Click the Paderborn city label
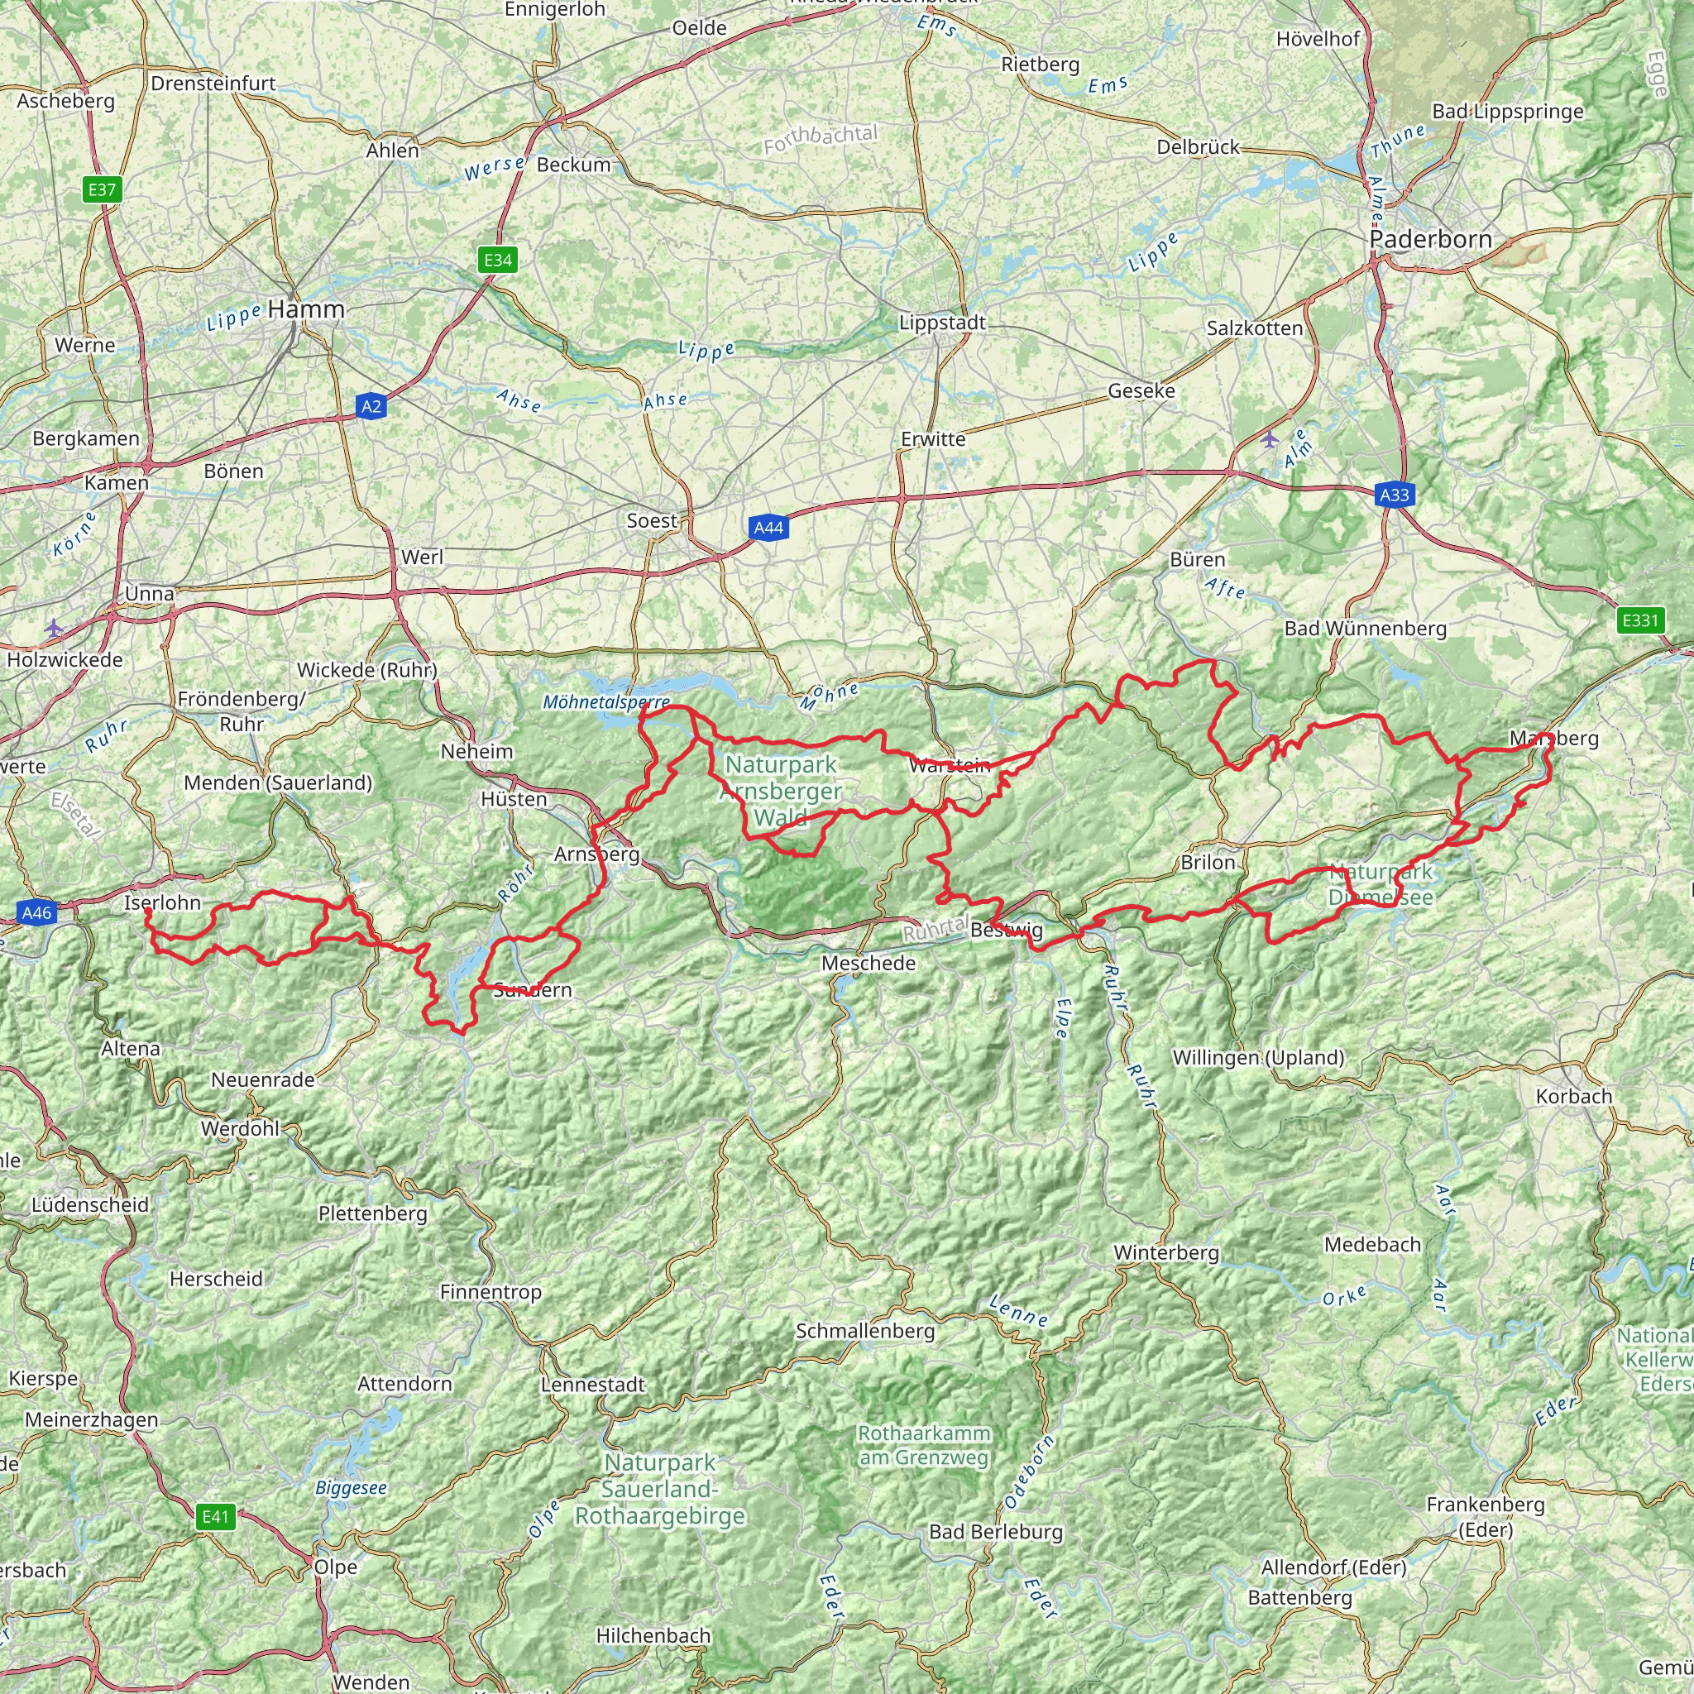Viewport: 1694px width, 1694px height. (x=1430, y=239)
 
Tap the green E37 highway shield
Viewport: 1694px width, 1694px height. (x=102, y=189)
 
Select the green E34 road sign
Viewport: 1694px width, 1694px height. (x=497, y=260)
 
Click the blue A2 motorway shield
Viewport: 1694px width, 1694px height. (x=371, y=406)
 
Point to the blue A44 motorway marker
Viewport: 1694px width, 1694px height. (x=768, y=527)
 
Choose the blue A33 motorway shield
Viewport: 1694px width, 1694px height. (x=1394, y=495)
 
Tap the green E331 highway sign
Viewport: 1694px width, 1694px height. (x=1639, y=621)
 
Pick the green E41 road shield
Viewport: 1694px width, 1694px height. (x=215, y=1517)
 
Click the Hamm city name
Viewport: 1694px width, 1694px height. (x=306, y=309)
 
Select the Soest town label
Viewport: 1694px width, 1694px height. (x=652, y=521)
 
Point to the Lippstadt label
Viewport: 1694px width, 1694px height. (x=943, y=323)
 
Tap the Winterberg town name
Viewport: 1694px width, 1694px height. (x=1166, y=1253)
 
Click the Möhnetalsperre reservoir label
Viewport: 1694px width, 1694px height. (x=605, y=702)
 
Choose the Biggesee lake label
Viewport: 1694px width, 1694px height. (x=351, y=1488)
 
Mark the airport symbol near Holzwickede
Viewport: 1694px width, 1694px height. (x=55, y=628)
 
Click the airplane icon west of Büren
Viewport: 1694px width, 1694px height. (x=1270, y=438)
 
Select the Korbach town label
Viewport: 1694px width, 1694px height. (x=1574, y=1096)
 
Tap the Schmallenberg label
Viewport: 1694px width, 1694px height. (x=865, y=1330)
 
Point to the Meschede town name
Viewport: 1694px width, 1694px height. (x=868, y=963)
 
